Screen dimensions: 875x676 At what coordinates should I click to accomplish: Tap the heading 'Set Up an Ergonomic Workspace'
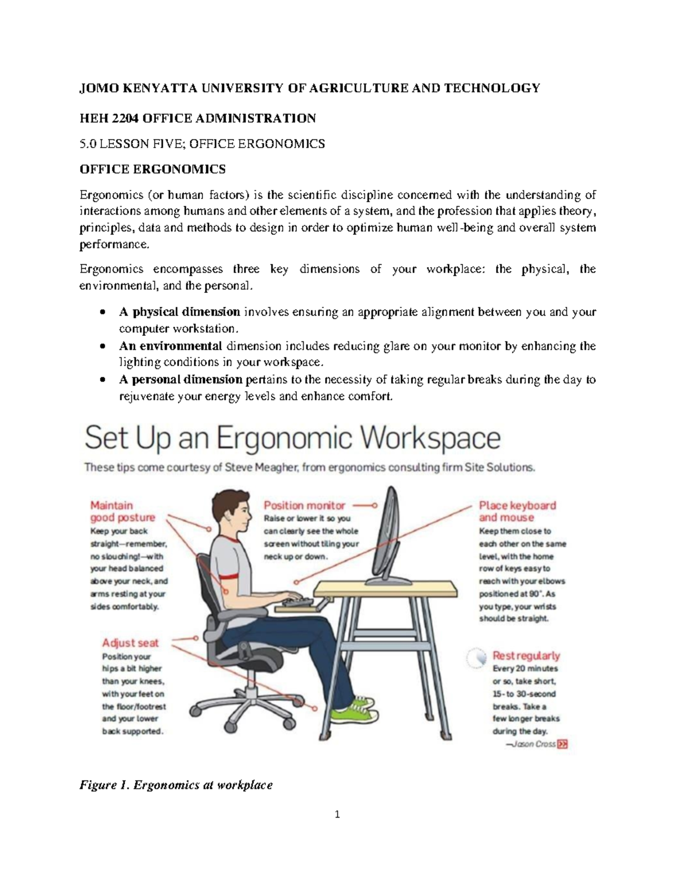pos(292,438)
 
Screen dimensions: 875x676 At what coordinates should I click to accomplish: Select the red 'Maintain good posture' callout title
pos(122,512)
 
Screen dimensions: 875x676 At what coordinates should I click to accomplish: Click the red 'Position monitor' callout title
pos(304,505)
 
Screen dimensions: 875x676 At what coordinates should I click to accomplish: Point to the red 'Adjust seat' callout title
pos(130,642)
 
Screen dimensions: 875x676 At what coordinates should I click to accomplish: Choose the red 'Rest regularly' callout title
pos(526,655)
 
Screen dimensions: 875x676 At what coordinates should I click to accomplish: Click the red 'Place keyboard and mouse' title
pos(517,512)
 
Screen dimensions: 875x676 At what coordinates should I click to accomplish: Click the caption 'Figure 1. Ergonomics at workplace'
pos(176,785)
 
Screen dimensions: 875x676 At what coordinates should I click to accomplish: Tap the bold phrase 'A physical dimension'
pos(179,312)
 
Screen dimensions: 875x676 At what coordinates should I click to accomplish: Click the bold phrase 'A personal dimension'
pos(180,379)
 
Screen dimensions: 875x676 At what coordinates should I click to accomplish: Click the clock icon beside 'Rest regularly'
pos(476,658)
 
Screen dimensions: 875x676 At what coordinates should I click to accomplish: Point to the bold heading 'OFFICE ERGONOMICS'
pos(152,169)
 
